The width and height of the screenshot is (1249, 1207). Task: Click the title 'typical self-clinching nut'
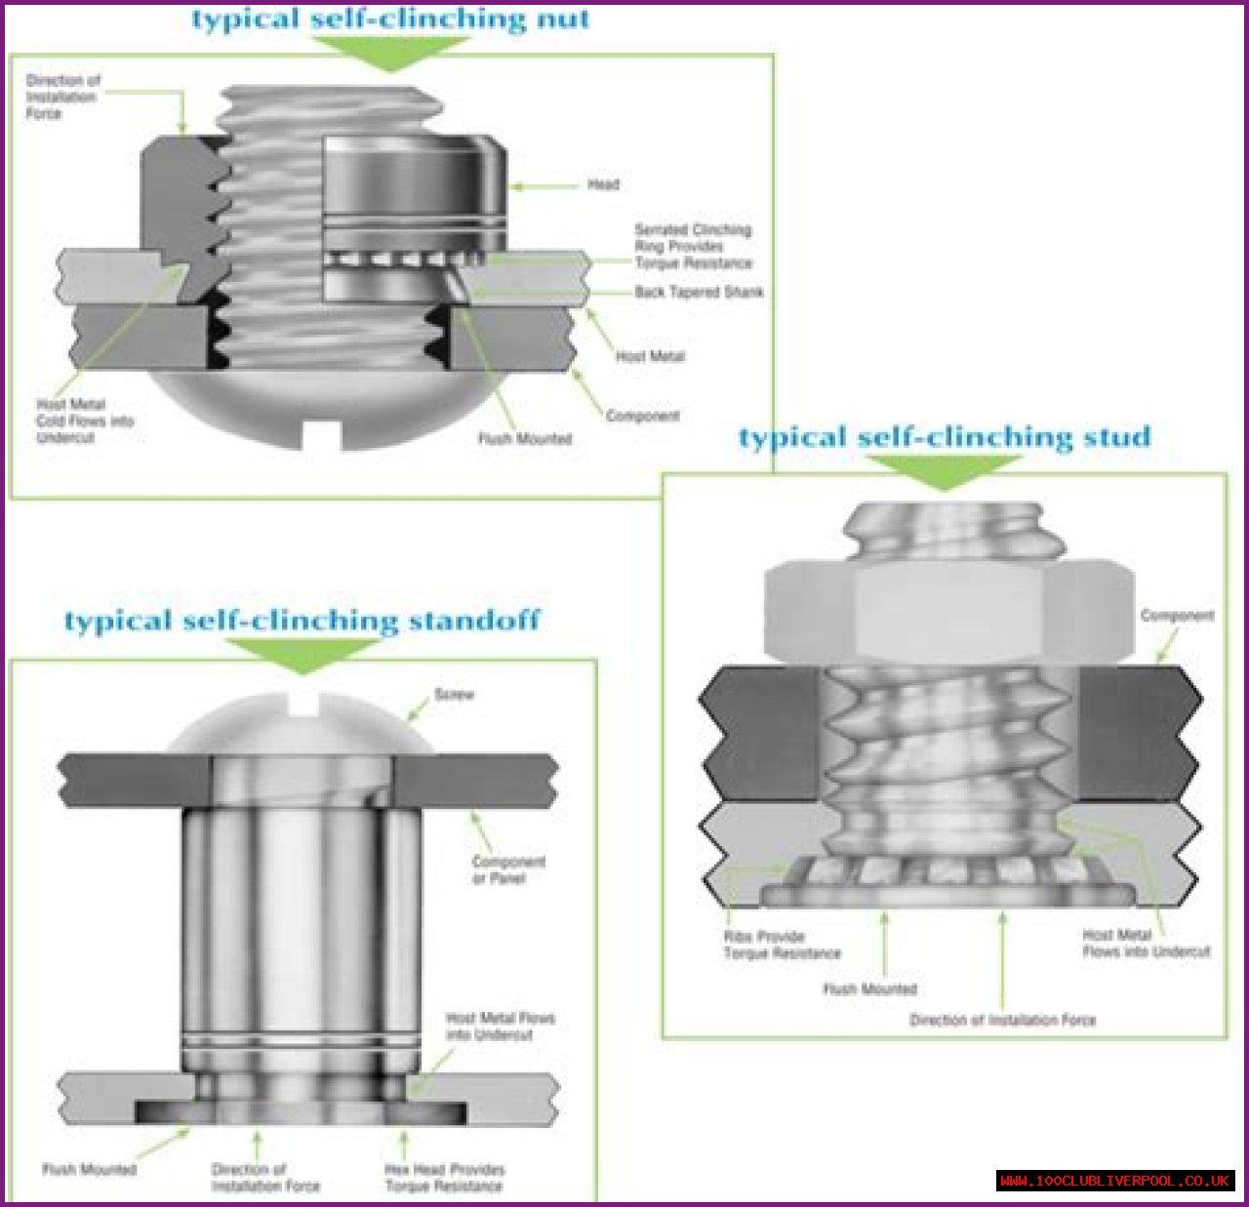[390, 20]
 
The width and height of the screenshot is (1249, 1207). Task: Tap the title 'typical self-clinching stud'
[945, 437]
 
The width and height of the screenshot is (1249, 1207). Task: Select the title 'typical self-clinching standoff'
[302, 621]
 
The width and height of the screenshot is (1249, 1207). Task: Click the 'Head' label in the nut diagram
[603, 184]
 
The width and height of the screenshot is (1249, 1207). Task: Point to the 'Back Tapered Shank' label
[699, 292]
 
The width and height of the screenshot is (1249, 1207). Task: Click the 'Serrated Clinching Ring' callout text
[693, 246]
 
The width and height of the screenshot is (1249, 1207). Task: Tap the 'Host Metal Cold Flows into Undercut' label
[84, 422]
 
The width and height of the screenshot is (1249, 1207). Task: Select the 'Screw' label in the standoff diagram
[454, 695]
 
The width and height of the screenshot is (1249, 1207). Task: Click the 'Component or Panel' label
[507, 869]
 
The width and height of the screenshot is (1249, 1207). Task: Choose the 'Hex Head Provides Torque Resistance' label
[444, 1178]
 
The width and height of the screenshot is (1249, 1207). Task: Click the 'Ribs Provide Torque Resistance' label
[781, 945]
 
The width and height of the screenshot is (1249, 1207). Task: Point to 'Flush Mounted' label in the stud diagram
[869, 989]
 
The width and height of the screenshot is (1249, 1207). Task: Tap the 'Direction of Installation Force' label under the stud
[1002, 1021]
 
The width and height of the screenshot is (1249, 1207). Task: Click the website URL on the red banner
[1115, 1182]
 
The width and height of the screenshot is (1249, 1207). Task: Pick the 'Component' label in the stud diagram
[1177, 616]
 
